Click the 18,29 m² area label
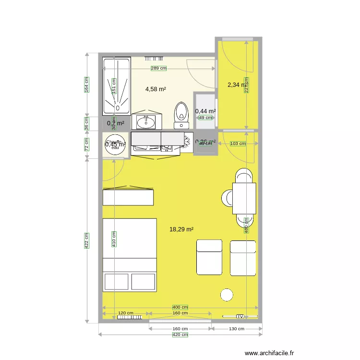click(181, 229)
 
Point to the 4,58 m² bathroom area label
click(156, 89)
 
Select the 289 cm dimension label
click(158, 69)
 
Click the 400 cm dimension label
click(180, 307)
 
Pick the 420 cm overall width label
click(180, 335)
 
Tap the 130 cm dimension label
click(237, 329)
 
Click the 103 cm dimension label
click(238, 144)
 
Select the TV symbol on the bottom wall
click(240, 316)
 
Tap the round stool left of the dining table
click(227, 197)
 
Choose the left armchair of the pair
click(209, 257)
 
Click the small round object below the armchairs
click(226, 294)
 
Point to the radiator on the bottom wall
click(129, 317)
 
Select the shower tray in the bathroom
click(117, 87)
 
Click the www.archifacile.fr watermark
click(269, 353)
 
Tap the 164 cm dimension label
click(86, 84)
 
